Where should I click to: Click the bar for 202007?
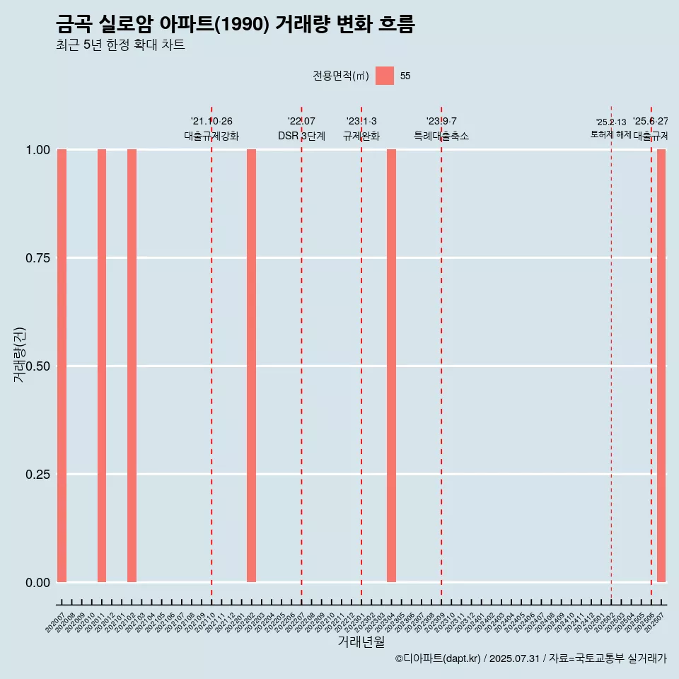click(62, 366)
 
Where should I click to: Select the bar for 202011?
click(102, 366)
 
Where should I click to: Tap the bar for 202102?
click(132, 366)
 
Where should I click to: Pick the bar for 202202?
click(251, 366)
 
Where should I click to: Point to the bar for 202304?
click(391, 366)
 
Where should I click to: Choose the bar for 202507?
click(661, 366)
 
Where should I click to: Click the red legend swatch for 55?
click(385, 76)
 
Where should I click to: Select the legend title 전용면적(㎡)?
click(341, 76)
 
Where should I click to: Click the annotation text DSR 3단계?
click(301, 136)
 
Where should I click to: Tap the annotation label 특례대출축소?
click(441, 136)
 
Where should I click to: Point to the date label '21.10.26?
click(211, 122)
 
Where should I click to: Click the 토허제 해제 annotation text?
click(610, 134)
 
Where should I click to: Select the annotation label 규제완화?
click(361, 136)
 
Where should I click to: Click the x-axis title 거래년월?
click(361, 642)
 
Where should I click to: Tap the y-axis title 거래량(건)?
click(19, 354)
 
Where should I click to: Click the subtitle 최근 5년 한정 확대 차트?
click(120, 45)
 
